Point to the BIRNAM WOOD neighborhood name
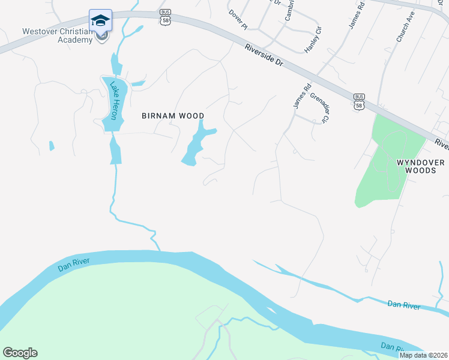pyautogui.click(x=173, y=116)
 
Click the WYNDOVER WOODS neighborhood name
pyautogui.click(x=421, y=166)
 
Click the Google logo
pyautogui.click(x=20, y=353)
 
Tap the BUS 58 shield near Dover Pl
pyautogui.click(x=164, y=16)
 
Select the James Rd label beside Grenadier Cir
pyautogui.click(x=302, y=95)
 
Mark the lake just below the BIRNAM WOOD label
pyautogui.click(x=197, y=144)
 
